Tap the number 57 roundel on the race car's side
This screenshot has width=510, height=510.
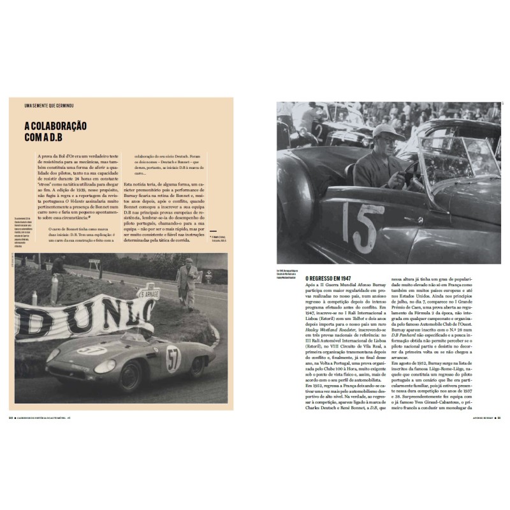(173, 358)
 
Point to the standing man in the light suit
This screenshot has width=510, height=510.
(187, 285)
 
